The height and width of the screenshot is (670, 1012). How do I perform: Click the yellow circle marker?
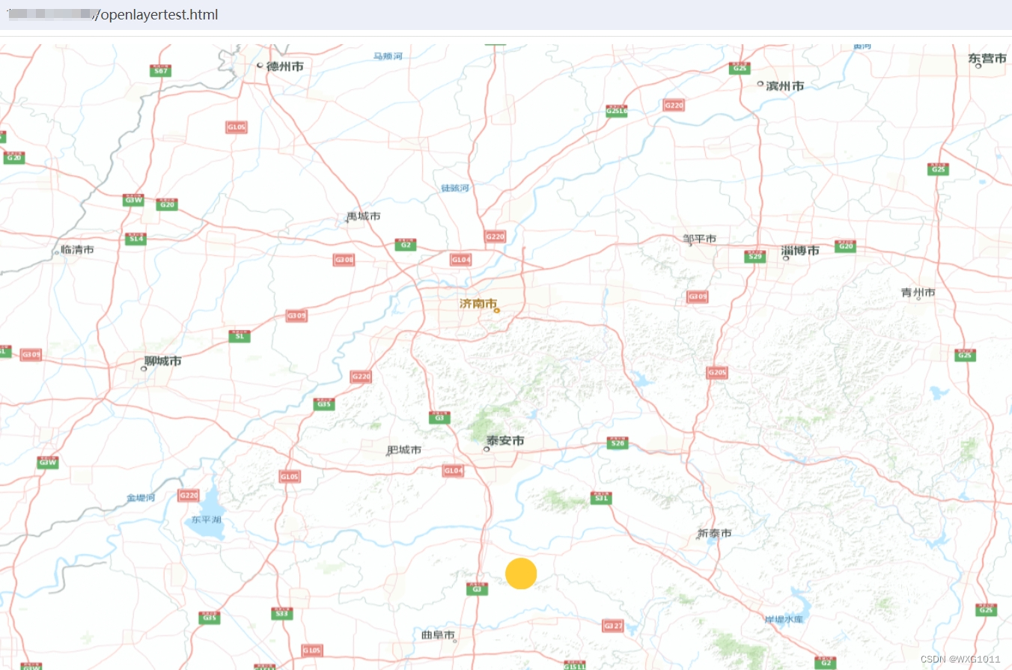521,573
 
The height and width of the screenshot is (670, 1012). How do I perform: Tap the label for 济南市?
478,305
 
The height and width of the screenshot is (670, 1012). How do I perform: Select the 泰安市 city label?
505,442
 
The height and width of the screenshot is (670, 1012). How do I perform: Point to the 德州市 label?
284,67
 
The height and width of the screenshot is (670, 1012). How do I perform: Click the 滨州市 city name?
784,86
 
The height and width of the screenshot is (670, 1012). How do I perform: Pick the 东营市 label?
987,58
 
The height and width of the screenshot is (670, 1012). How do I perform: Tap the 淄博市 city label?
799,251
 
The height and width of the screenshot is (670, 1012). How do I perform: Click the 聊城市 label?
163,362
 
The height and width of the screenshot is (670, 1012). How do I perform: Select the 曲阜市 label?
438,635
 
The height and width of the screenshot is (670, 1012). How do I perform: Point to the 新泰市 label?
714,534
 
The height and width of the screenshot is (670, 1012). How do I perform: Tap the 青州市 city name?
918,293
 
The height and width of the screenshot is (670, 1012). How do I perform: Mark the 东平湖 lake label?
206,520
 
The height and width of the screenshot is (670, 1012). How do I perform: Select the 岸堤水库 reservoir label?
783,620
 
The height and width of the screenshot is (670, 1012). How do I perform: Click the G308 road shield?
344,260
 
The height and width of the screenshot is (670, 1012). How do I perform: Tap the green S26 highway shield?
617,443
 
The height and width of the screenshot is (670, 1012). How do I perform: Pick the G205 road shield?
716,373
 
